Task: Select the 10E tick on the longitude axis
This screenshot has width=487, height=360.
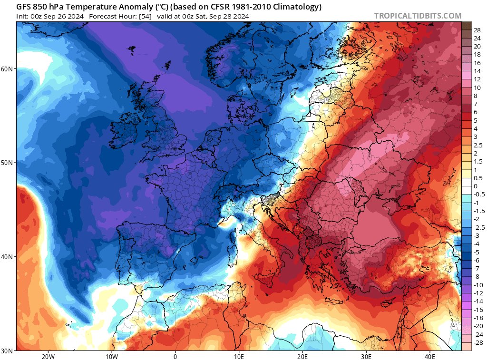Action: pyautogui.click(x=239, y=356)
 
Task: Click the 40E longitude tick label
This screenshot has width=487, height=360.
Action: pyautogui.click(x=430, y=356)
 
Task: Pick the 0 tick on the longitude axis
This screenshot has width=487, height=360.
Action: pyautogui.click(x=175, y=356)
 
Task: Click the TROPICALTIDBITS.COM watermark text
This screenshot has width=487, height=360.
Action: pyautogui.click(x=418, y=16)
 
